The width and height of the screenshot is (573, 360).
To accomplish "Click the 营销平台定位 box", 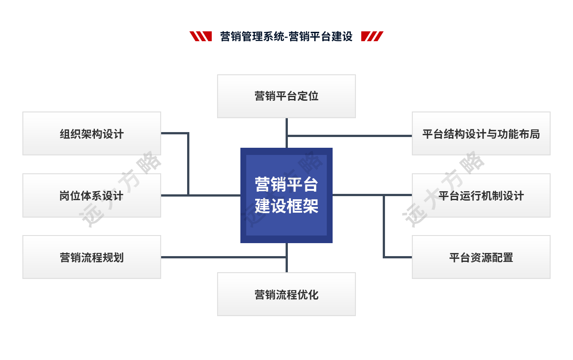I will pos(286,96).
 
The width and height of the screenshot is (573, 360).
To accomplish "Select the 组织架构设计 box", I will pos(92,133).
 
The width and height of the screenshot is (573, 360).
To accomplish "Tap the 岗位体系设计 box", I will pos(92,196).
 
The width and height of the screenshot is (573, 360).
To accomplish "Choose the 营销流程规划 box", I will pos(92,257).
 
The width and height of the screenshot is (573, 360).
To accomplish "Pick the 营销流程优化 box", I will pos(286,295).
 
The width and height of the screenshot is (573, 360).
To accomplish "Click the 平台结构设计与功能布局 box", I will pos(481,133).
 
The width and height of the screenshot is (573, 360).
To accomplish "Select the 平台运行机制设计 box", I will pos(481,196).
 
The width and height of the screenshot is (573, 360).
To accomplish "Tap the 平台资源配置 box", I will pos(481,257).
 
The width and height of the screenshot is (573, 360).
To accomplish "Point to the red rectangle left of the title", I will pos(200,36).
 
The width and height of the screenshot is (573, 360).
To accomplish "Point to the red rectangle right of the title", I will pos(372,36).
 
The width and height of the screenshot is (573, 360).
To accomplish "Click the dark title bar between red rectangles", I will pos(286,36).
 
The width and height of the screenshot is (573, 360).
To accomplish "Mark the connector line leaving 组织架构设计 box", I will pos(175,133).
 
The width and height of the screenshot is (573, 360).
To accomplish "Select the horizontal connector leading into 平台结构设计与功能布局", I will pos(349,135).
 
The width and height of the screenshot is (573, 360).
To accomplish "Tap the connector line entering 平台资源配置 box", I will pos(398,257).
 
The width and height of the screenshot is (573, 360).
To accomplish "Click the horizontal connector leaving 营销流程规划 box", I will pos(224,257).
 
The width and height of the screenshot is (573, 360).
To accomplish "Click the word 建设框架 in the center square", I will pos(286,207).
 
